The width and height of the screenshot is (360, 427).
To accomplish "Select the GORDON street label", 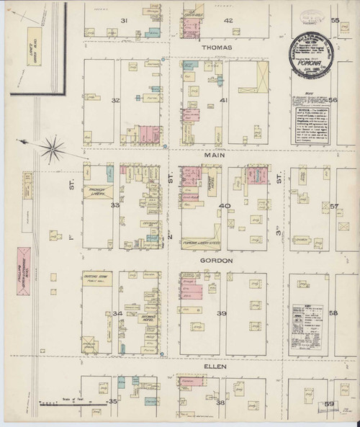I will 215,261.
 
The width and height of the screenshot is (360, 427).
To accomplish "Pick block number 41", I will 224,100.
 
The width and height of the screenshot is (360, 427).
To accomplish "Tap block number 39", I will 222,313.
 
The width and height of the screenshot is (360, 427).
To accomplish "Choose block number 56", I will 333,100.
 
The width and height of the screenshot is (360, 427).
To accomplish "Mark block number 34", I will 117,313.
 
